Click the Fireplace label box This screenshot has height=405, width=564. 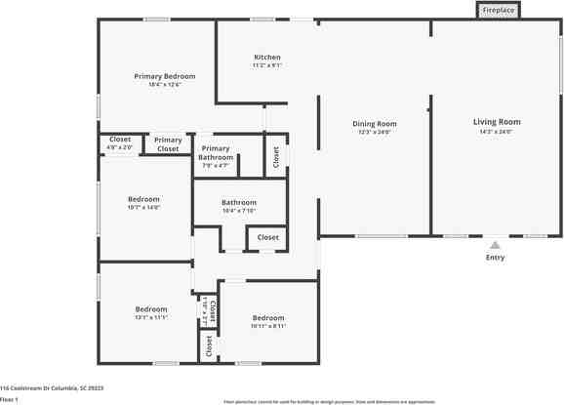498,11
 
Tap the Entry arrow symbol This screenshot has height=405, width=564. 496,245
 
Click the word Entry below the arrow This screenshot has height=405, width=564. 496,258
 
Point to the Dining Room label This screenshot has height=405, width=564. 375,124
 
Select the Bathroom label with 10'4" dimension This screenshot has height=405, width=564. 238,202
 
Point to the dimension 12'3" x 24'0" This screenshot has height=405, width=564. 375,133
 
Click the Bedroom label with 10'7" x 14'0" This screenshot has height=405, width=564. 143,199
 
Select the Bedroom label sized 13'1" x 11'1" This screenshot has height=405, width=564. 151,309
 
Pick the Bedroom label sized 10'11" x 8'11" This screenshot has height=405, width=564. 267,317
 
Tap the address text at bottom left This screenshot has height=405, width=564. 52,387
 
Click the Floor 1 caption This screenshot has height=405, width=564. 10,399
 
